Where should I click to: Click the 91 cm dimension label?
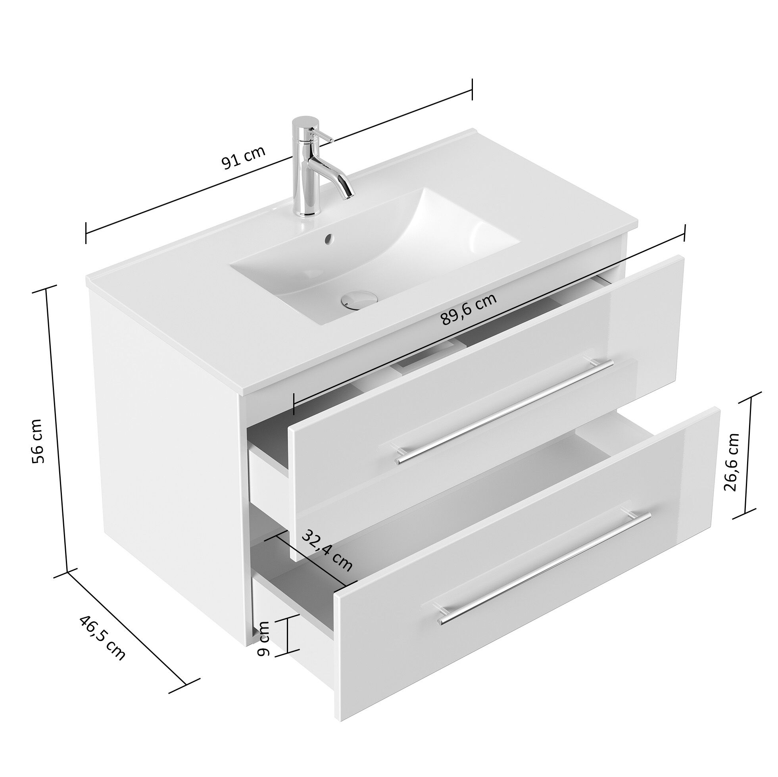coord(243,158)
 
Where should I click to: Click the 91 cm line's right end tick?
coord(472,89)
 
